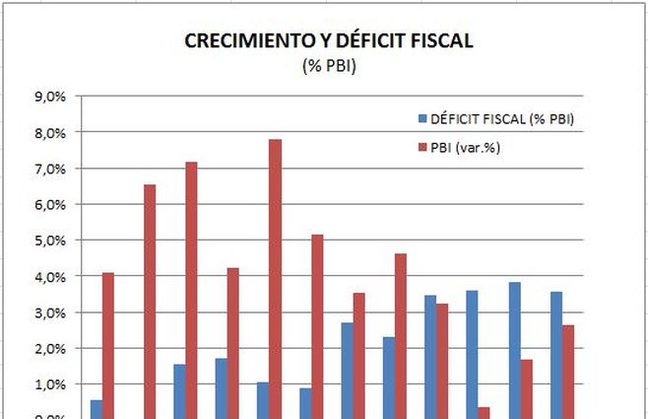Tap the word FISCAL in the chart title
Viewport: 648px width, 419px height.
coord(439,41)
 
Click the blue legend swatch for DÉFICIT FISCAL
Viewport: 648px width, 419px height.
coord(421,119)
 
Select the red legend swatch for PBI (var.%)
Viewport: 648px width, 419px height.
coord(421,148)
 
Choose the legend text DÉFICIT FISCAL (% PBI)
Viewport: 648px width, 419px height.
coord(501,119)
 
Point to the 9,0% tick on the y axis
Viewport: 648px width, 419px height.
coord(49,97)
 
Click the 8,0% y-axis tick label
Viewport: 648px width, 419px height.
coord(49,133)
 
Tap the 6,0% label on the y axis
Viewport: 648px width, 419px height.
coord(49,205)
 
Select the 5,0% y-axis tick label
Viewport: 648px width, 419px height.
coord(49,241)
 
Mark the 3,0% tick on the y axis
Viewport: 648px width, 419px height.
coord(49,313)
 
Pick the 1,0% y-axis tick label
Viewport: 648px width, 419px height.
coord(49,384)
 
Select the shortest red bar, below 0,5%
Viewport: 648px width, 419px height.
coord(484,412)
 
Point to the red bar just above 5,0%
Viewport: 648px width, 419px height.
coord(316,326)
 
